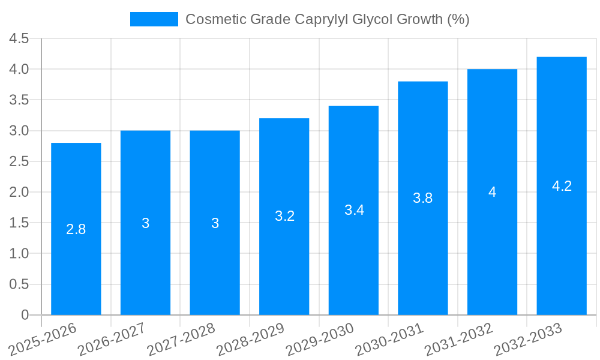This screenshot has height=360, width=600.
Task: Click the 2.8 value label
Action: tap(76, 229)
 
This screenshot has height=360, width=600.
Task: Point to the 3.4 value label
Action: tap(354, 211)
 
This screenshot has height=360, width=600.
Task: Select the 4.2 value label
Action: tap(562, 186)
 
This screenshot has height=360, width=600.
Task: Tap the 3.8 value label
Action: tap(423, 198)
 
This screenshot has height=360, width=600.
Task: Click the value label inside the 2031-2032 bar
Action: tap(492, 192)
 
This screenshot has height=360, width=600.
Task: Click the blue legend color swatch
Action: tap(154, 19)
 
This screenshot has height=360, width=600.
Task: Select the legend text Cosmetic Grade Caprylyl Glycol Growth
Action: tap(327, 19)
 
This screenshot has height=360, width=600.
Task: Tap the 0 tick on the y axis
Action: tap(25, 315)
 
